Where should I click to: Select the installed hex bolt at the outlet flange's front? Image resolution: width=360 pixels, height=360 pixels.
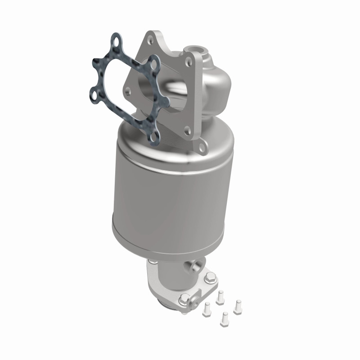tap(185, 298)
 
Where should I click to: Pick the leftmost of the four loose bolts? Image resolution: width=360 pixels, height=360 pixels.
tap(207, 308)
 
